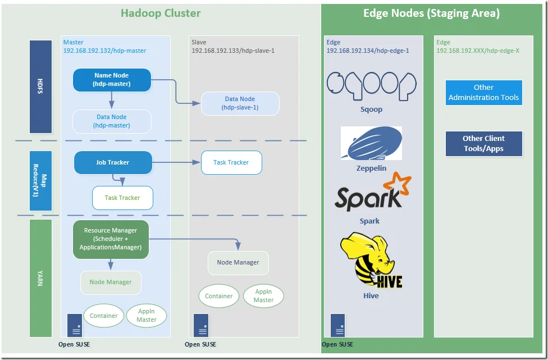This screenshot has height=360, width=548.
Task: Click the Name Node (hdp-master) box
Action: pyautogui.click(x=112, y=80)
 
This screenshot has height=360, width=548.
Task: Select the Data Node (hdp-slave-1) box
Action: pyautogui.click(x=240, y=103)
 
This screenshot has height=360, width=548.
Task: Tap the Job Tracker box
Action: pyautogui.click(x=113, y=162)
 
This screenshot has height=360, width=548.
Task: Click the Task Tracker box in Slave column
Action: pyautogui.click(x=231, y=162)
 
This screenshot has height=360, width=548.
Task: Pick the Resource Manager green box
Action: pyautogui.click(x=111, y=239)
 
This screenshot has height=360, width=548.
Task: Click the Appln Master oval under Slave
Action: pyautogui.click(x=263, y=296)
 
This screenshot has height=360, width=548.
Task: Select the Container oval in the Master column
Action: pyautogui.click(x=104, y=316)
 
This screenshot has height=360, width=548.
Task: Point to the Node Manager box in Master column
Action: pyautogui.click(x=111, y=282)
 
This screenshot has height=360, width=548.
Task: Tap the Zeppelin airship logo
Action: pyautogui.click(x=371, y=144)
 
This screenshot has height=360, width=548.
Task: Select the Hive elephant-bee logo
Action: pyautogui.click(x=371, y=261)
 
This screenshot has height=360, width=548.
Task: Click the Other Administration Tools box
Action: pyautogui.click(x=483, y=93)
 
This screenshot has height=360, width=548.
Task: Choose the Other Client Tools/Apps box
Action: pyautogui.click(x=483, y=144)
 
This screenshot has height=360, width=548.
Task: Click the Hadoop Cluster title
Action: pyautogui.click(x=161, y=13)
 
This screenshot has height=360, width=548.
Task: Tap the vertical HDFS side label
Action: pyautogui.click(x=40, y=87)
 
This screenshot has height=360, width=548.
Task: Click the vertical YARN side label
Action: pyautogui.click(x=40, y=278)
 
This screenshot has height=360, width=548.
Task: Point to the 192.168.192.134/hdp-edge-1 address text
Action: pyautogui.click(x=367, y=51)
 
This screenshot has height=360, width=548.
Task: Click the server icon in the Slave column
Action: pyautogui.click(x=201, y=325)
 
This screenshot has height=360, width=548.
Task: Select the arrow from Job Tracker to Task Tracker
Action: pyautogui.click(x=177, y=163)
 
